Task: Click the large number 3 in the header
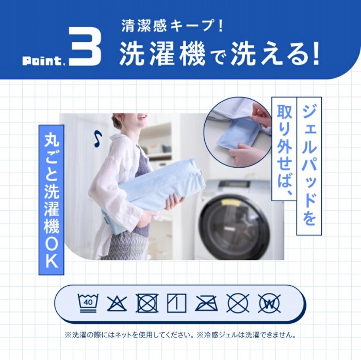tap(85, 46)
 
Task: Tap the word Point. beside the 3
tap(42, 61)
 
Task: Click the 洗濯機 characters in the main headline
tap(162, 54)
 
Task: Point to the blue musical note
tap(98, 139)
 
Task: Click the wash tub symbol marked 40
tap(88, 303)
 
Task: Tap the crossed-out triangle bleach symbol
tap(117, 303)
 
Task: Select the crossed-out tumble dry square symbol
tap(147, 303)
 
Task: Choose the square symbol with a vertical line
tap(176, 303)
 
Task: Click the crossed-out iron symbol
tap(207, 303)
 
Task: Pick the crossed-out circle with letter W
tap(269, 303)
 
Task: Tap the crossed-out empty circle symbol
tap(238, 303)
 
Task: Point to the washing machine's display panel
tap(234, 184)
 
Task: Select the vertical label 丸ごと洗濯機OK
tap(52, 200)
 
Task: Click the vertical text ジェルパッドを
tap(309, 166)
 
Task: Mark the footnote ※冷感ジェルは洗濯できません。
tap(247, 335)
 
